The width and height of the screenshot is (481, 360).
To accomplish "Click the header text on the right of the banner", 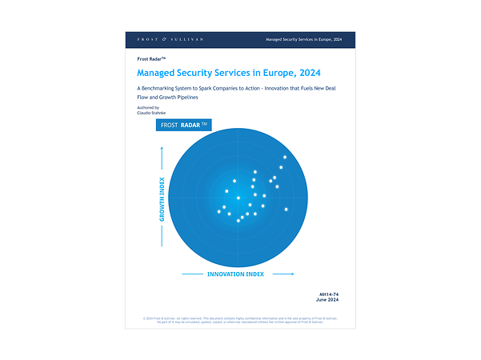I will coord(309,38).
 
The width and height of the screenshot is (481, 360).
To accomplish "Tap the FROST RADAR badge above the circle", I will coord(184,126).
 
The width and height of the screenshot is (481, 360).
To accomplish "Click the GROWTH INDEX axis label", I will coord(162,200).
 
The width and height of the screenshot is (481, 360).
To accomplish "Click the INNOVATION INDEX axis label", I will coord(235,274).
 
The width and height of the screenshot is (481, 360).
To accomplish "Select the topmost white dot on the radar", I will coord(284,157).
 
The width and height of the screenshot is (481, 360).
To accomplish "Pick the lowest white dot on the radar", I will coord(238,220).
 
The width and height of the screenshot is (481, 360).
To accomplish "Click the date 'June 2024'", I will coord(339,302).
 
